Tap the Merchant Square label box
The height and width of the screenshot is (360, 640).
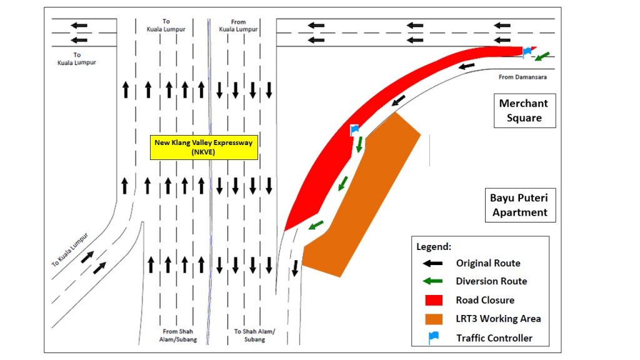coord(524,111)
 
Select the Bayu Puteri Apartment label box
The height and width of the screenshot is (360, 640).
coord(519,204)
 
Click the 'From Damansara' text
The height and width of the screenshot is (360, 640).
coord(522,77)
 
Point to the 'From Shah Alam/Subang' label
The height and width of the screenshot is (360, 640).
coord(179,335)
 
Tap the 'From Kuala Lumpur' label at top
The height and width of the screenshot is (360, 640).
coord(238,25)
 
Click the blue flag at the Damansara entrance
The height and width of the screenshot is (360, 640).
coord(527,51)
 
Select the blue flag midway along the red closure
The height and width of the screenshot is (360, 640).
coord(354,130)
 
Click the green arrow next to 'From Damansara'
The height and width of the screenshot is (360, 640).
coord(542,57)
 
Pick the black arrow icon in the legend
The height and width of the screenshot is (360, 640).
coord(432,264)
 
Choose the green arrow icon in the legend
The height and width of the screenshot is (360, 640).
coord(432,282)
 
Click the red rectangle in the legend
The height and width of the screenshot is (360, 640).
coord(432,300)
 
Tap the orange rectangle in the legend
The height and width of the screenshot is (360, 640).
coord(432,319)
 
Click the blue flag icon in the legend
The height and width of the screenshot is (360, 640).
coord(433,337)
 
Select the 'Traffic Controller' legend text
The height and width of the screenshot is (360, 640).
coord(494,338)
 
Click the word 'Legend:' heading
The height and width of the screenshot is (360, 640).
coord(434,247)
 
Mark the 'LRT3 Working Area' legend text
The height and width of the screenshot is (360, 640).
coord(498,319)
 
